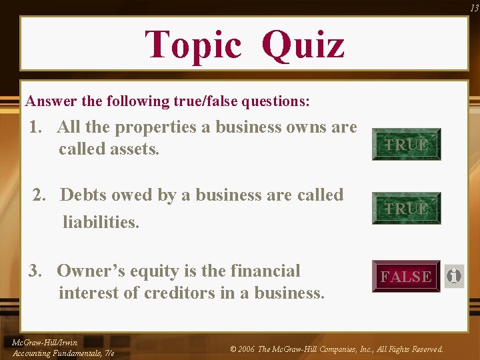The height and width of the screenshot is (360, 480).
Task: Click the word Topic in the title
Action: (x=193, y=45)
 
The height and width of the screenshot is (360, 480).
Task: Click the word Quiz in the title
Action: (x=303, y=45)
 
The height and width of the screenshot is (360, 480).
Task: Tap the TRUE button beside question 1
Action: (x=406, y=144)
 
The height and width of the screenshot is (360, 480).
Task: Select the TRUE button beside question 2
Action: (x=406, y=208)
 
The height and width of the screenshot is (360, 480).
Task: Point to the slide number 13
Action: (x=473, y=7)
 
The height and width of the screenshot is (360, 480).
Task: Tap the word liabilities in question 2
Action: (x=101, y=222)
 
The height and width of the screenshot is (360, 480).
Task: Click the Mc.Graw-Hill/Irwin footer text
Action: (x=45, y=343)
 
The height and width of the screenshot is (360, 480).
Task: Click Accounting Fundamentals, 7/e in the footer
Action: (x=63, y=353)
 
